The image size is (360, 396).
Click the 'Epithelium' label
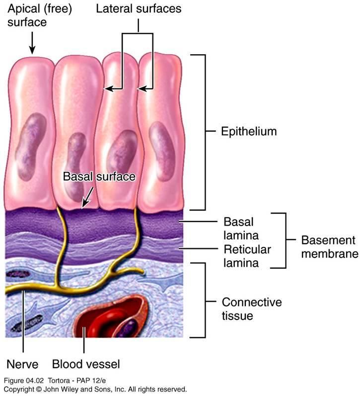(x=248, y=132)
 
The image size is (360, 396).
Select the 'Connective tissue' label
(x=251, y=309)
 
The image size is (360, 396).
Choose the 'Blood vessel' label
(x=86, y=364)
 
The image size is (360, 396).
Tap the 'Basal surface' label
(x=99, y=176)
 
